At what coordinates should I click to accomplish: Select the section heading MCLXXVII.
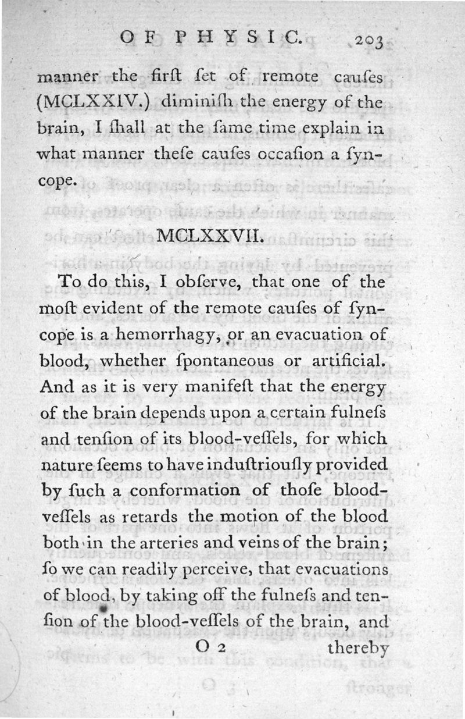click(x=210, y=236)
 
